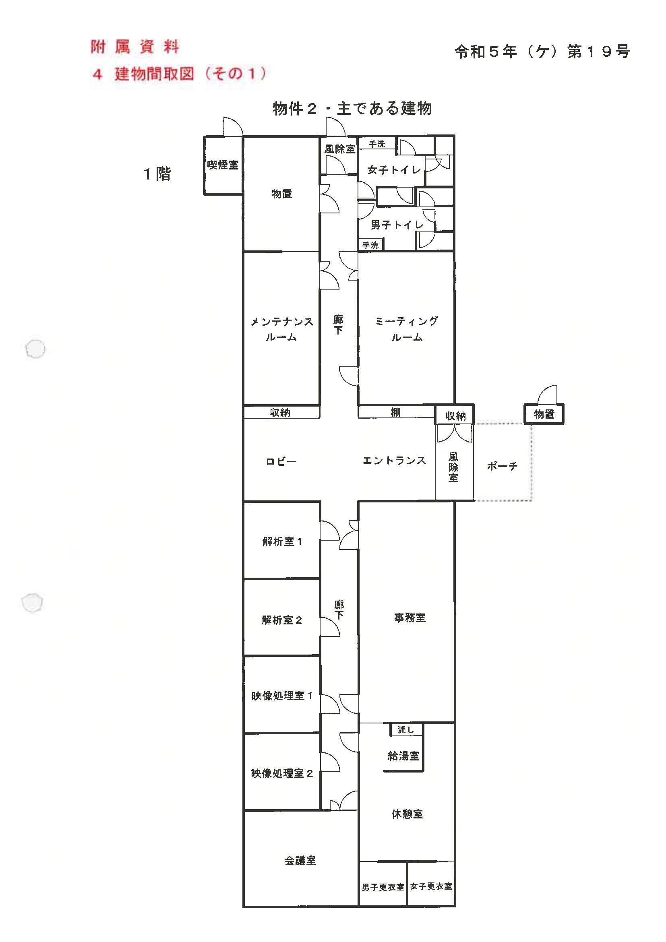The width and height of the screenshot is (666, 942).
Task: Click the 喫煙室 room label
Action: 222,165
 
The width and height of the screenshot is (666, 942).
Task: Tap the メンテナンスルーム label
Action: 281,329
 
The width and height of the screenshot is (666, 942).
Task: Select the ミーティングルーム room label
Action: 407,329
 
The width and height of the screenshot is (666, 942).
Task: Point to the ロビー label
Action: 281,462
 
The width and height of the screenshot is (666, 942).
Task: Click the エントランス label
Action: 394,461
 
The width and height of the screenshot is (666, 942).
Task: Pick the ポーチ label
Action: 502,466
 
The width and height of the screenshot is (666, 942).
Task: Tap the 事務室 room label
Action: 410,618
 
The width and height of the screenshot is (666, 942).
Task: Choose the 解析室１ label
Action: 282,541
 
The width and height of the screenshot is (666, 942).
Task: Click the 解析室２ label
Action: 281,620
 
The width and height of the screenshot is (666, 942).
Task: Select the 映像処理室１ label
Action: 282,696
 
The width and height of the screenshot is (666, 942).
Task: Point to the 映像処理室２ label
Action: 282,773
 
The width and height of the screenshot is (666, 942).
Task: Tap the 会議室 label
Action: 300,861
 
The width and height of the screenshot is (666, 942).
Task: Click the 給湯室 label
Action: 403,756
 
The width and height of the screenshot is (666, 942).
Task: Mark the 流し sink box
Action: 406,730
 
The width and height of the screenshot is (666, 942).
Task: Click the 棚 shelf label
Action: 395,412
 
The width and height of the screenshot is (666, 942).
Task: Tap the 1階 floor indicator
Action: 157,174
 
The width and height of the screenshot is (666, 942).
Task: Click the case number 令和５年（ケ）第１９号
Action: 542,52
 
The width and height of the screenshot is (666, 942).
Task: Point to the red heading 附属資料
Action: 135,47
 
